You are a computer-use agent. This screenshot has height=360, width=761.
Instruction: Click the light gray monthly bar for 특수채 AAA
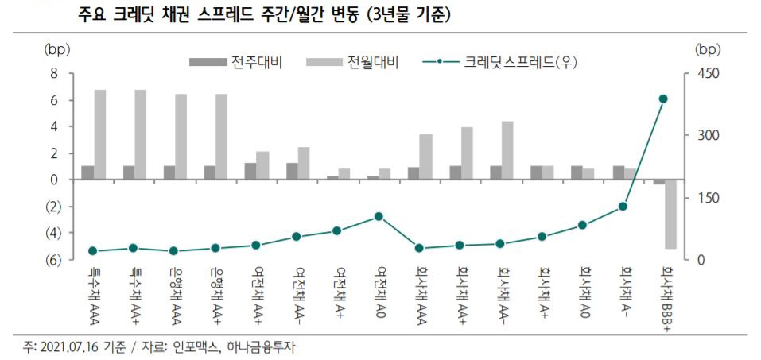100,134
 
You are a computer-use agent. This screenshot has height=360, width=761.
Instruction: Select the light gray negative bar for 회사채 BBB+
670,214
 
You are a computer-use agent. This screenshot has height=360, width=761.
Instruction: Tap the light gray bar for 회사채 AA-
507,150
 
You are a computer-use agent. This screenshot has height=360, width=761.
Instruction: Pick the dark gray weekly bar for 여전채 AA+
250,171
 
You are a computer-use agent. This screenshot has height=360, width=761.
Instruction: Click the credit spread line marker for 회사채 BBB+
663,99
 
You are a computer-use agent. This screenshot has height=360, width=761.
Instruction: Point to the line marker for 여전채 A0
379,216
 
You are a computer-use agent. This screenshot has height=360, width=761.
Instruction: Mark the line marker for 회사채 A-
623,207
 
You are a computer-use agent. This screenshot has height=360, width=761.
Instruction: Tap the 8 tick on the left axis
54,73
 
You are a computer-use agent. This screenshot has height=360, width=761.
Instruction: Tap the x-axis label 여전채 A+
338,292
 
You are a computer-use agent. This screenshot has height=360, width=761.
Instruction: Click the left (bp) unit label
56,49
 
